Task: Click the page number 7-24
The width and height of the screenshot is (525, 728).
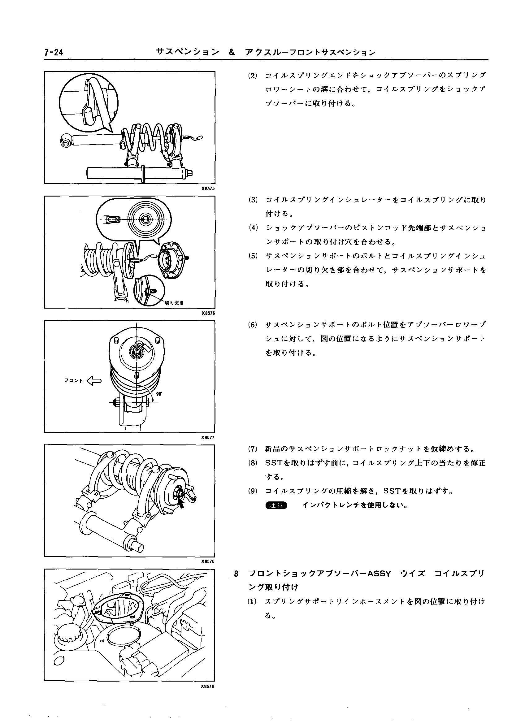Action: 54,52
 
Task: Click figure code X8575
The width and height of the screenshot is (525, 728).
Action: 208,189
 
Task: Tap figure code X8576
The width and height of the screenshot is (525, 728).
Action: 208,313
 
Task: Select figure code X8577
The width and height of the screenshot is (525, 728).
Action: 208,437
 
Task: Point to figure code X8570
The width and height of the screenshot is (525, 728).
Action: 208,561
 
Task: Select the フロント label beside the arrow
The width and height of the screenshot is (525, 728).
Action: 74,381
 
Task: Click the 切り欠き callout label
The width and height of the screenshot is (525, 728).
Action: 174,303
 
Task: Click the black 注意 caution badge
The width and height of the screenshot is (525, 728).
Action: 276,505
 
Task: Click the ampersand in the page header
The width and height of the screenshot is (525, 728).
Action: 232,52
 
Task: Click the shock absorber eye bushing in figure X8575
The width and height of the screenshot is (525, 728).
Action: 67,141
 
